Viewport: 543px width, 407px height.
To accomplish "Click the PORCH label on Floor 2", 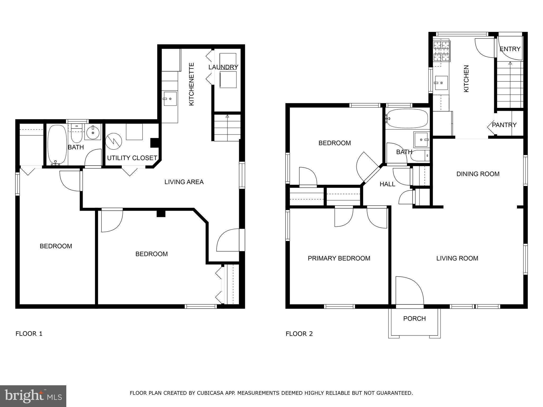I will (414, 318).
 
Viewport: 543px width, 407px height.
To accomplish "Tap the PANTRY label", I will (504, 125).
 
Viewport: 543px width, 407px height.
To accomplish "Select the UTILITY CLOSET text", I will (132, 158).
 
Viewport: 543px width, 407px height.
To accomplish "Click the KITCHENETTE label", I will (191, 84).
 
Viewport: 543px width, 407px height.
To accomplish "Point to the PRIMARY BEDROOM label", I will (339, 258).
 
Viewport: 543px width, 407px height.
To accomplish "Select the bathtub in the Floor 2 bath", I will (407, 119).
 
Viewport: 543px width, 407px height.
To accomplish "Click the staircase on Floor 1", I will (227, 128).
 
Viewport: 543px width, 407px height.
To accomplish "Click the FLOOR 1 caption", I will (29, 334).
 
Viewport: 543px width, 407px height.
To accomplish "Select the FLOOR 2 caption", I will (299, 334).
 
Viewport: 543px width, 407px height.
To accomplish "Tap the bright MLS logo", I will (33, 396).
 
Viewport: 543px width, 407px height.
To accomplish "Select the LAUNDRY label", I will (223, 67).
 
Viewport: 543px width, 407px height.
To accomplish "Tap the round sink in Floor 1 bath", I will (93, 132).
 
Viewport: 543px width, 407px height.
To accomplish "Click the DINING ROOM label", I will (478, 174).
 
